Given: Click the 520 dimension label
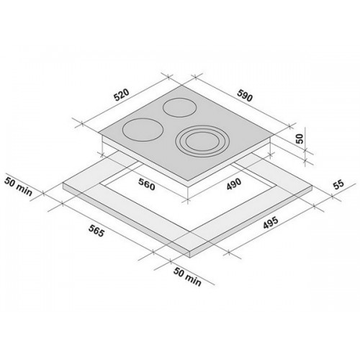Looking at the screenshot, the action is (122, 95).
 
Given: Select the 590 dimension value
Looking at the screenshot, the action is (245, 95).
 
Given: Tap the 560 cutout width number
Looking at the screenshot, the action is (147, 184).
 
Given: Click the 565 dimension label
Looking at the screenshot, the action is (96, 230).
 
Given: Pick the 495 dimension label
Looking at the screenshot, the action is (271, 222).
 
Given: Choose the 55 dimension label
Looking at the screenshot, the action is (338, 184).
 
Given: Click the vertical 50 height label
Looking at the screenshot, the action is (300, 138).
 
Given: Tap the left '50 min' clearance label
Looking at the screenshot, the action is (18, 186).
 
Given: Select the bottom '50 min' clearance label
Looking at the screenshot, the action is (187, 276).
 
